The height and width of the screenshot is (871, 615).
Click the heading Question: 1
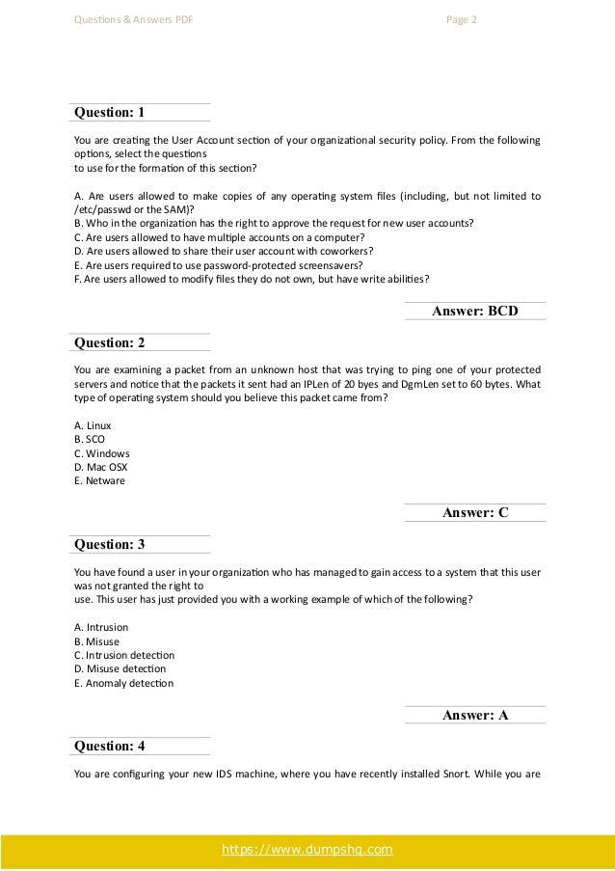[x=110, y=113]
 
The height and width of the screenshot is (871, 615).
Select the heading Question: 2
[x=110, y=342]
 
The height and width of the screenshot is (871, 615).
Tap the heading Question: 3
[x=110, y=544]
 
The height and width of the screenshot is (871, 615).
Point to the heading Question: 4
[x=110, y=746]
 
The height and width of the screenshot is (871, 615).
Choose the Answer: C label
[x=475, y=513]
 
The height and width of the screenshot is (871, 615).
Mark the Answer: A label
[x=475, y=715]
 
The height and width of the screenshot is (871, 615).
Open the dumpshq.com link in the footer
[x=307, y=849]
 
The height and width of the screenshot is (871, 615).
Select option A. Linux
[x=93, y=425]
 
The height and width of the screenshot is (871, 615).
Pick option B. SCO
[x=90, y=439]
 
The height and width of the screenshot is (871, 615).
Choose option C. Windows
[x=101, y=453]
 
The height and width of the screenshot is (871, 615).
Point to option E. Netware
[x=99, y=480]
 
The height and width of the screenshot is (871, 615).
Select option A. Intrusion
[x=100, y=627]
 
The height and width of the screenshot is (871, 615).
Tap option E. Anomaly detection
[x=123, y=683]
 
